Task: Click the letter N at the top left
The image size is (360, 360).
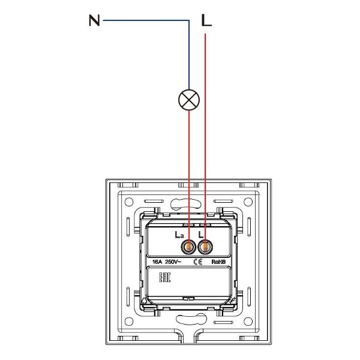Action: (94, 20)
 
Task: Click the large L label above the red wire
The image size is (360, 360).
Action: (206, 20)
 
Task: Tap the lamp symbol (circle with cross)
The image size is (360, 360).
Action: (189, 100)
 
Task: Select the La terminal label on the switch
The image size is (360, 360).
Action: (179, 235)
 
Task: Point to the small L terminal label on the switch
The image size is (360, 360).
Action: (201, 235)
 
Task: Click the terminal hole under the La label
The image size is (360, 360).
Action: (188, 247)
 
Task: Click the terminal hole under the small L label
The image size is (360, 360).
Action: (205, 247)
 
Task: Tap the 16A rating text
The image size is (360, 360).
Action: (157, 262)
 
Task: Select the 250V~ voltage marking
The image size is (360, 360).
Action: (173, 262)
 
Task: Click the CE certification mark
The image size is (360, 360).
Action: (197, 262)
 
